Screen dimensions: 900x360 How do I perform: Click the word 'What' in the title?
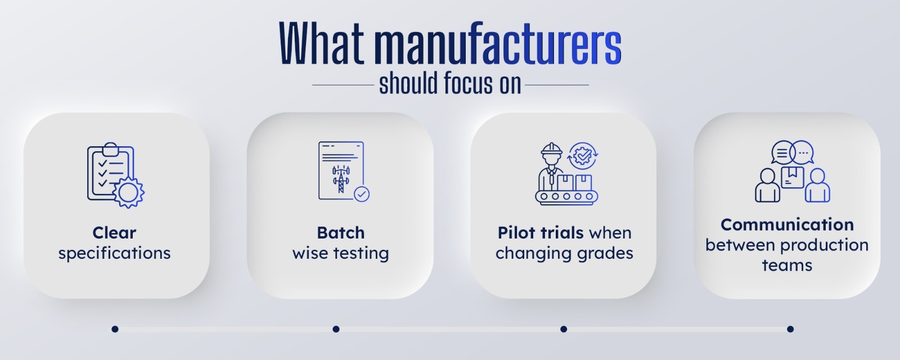[321, 43]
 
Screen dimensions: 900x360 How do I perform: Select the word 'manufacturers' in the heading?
[498, 43]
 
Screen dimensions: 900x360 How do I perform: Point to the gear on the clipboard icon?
[129, 192]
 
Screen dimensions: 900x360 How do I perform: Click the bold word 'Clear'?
[114, 233]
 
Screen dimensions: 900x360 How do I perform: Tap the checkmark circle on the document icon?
[362, 194]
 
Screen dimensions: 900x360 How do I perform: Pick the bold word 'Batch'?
[341, 233]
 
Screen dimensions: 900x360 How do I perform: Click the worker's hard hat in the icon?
[551, 150]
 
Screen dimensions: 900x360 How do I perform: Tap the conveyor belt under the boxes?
[566, 196]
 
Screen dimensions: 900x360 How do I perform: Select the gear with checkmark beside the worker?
[583, 156]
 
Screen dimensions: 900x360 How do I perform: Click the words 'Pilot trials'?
[541, 233]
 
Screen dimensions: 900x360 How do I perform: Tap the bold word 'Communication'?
[787, 224]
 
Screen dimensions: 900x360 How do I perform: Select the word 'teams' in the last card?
[787, 265]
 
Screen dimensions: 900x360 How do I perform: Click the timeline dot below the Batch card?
[336, 329]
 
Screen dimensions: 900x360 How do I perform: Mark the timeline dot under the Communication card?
[790, 329]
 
